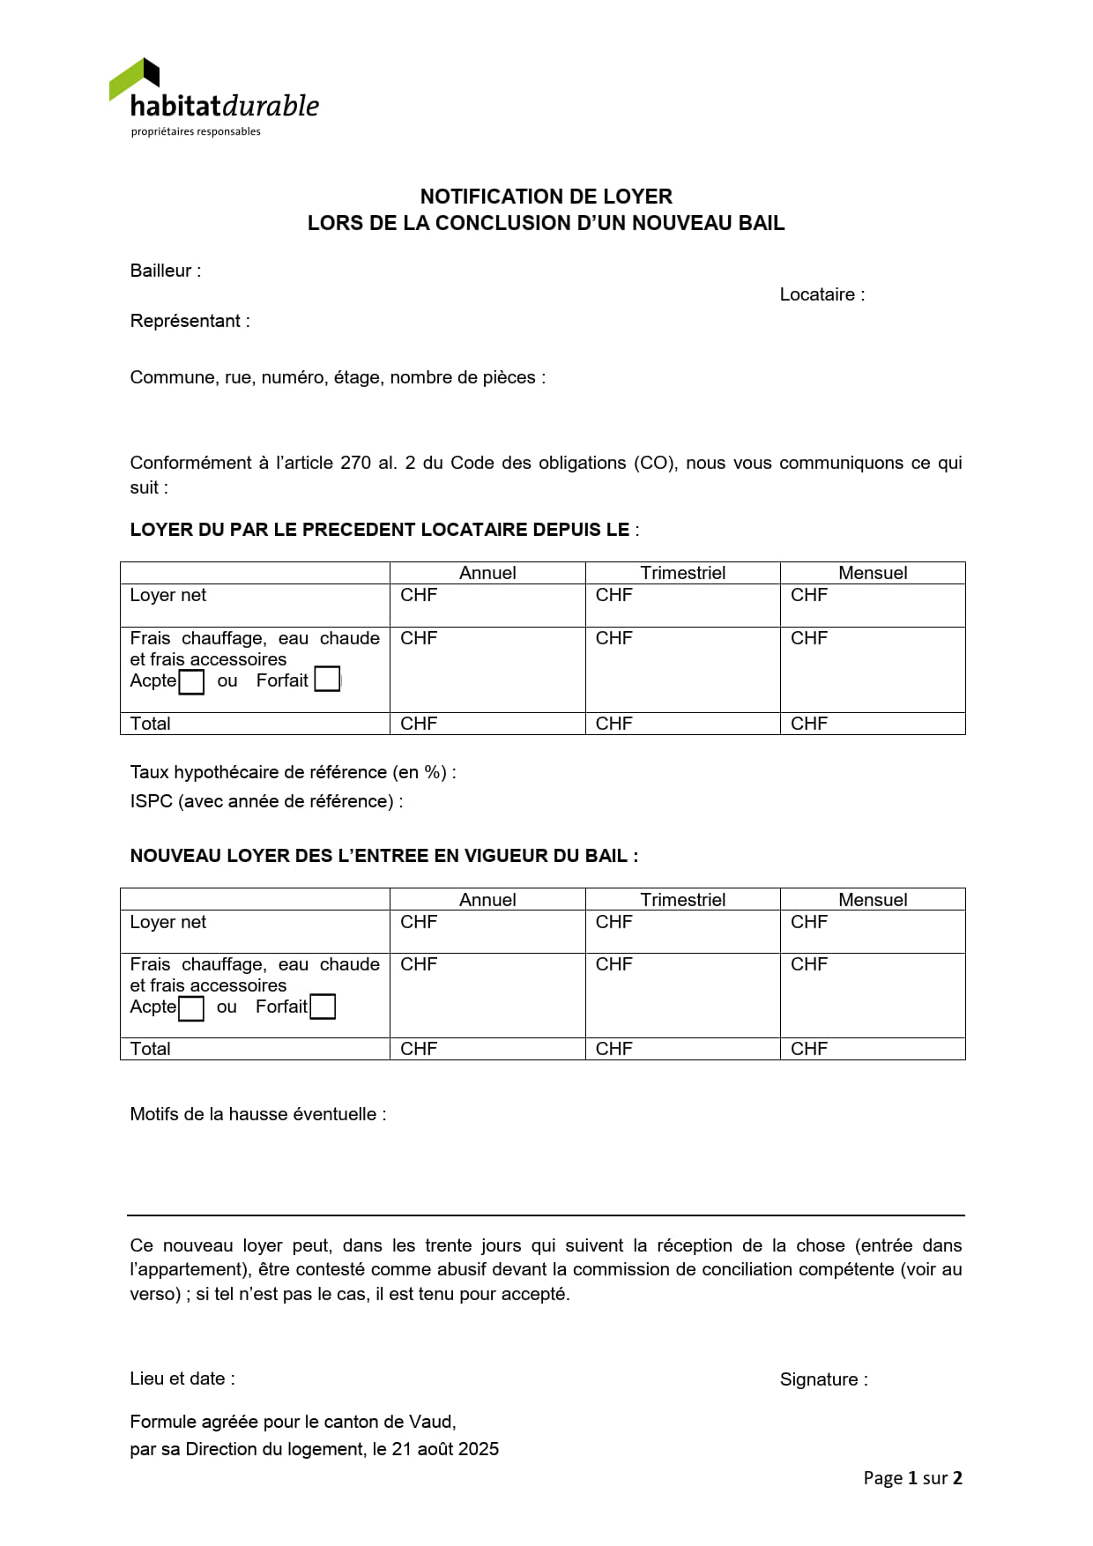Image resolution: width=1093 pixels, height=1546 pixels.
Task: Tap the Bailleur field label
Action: pos(165,271)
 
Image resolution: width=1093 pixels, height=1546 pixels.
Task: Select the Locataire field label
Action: pos(822,294)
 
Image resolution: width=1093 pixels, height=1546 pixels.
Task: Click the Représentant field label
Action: pos(190,321)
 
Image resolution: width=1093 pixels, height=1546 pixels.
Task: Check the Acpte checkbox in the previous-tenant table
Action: pos(191,681)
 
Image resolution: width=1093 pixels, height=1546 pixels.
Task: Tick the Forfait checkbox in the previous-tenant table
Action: pos(327,680)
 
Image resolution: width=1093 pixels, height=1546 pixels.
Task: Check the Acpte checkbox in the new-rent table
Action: pos(191,1007)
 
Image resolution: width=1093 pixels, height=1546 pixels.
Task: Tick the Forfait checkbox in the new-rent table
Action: pos(323,1007)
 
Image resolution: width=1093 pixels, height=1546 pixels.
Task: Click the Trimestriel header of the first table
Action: pos(682,573)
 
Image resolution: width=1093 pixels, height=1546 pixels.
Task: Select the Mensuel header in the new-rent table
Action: pos(873,900)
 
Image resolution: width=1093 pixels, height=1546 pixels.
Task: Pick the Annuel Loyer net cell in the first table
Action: pos(487,605)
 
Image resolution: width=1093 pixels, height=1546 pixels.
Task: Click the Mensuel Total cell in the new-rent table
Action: pos(873,1049)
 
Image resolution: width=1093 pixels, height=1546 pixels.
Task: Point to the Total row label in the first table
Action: pos(151,724)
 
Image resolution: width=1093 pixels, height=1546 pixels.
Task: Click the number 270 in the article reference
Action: pos(355,463)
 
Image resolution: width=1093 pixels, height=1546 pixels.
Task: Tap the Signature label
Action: pos(823,1379)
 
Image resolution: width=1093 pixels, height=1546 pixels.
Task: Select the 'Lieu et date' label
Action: pos(182,1379)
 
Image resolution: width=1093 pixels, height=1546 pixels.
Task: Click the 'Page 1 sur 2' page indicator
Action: pos(912,1478)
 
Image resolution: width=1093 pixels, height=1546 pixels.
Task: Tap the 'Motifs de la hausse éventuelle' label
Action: pos(257,1114)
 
